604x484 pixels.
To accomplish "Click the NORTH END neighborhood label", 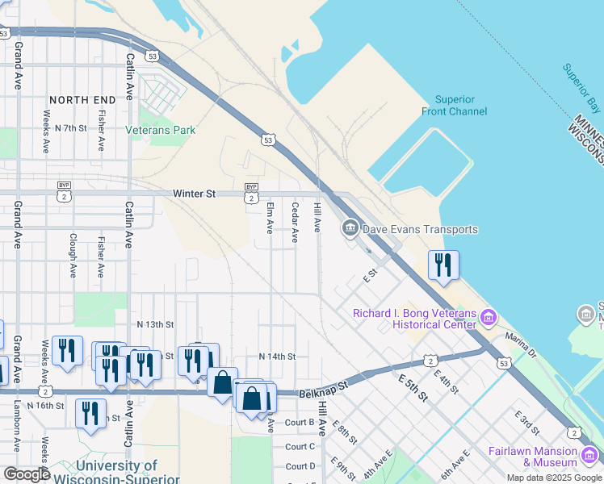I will pos(82,100).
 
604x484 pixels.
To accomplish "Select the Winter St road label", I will pos(195,194).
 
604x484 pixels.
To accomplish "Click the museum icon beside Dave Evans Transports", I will pos(350,229).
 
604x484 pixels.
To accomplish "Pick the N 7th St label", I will pos(65,128).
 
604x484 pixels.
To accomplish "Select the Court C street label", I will pos(300,446).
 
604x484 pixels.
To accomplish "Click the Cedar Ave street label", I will pos(295,223).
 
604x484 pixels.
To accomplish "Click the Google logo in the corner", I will pos(27,474).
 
